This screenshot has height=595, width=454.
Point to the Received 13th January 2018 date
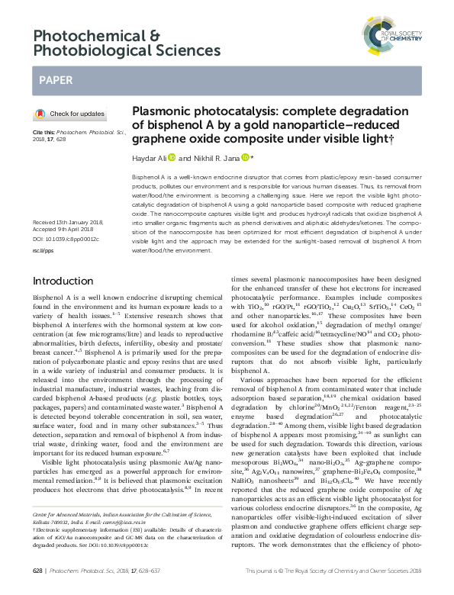(x=67, y=221)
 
